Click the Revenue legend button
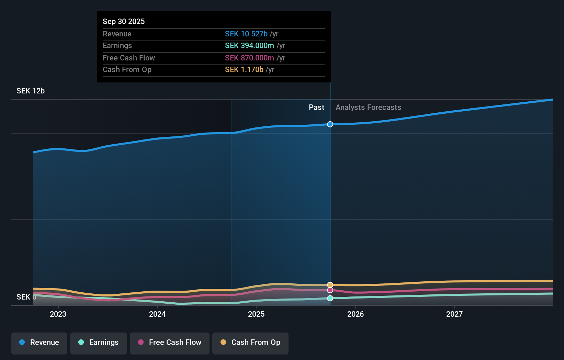tap(39, 342)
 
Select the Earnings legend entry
tap(99, 342)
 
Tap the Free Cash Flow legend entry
tap(170, 342)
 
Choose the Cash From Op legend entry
tap(250, 342)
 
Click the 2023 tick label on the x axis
tap(58, 314)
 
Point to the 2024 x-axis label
tap(157, 314)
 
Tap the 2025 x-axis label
tap(256, 314)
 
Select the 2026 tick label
tap(356, 314)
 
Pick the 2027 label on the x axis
tap(454, 314)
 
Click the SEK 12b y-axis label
tap(31, 91)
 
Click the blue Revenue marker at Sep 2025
tap(330, 124)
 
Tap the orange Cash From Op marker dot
tap(330, 285)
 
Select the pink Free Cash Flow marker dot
tap(330, 290)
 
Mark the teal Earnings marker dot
tap(330, 298)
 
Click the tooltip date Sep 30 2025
tap(124, 21)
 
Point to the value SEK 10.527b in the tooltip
tap(246, 34)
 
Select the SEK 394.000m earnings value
tap(249, 46)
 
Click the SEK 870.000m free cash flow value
tap(249, 58)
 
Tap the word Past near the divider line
tap(316, 108)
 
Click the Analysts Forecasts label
tap(368, 108)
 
